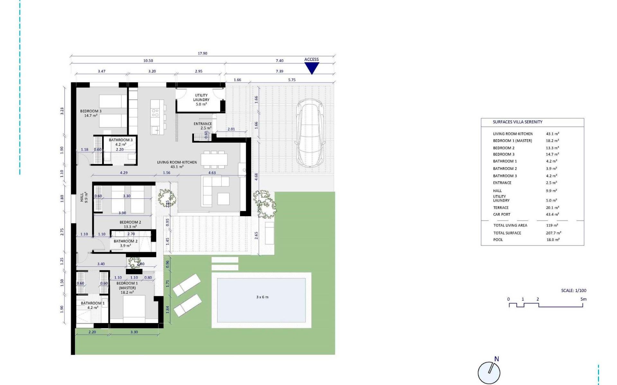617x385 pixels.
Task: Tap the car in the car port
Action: (x=310, y=133)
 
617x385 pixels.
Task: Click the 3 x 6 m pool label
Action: (x=262, y=297)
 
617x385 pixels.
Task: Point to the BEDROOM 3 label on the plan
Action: (x=91, y=111)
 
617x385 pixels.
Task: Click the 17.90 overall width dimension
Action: (x=202, y=54)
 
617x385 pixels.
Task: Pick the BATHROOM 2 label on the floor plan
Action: (x=125, y=241)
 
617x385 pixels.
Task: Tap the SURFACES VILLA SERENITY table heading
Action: (x=517, y=122)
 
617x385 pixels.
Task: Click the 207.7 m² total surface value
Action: (x=553, y=233)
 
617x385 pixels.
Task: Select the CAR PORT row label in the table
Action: (x=502, y=214)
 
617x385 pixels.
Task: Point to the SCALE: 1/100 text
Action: (x=574, y=290)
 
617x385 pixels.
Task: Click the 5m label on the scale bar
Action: (x=583, y=299)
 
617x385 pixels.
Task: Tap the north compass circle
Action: (x=489, y=373)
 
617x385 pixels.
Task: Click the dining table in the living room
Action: (x=214, y=159)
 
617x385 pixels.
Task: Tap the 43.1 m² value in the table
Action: (x=552, y=134)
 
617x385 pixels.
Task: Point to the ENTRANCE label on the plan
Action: (x=203, y=124)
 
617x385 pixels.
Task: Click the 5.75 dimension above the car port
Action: (x=291, y=80)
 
